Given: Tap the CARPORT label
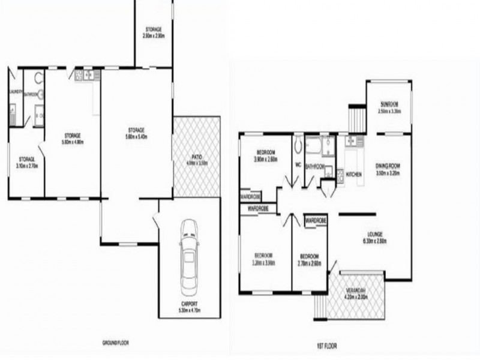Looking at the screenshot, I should tap(189, 304).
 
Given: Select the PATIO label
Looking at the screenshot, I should tap(196, 157).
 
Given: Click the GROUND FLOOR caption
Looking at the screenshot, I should tap(116, 343).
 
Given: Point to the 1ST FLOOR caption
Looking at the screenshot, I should tap(326, 346).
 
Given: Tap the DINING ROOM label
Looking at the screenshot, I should tap(388, 166).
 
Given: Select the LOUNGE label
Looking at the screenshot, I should tap(374, 235).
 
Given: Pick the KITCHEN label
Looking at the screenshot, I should tap(354, 174).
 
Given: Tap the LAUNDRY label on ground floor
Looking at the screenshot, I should tap(16, 92).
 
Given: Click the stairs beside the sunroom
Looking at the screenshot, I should tap(357, 118).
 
